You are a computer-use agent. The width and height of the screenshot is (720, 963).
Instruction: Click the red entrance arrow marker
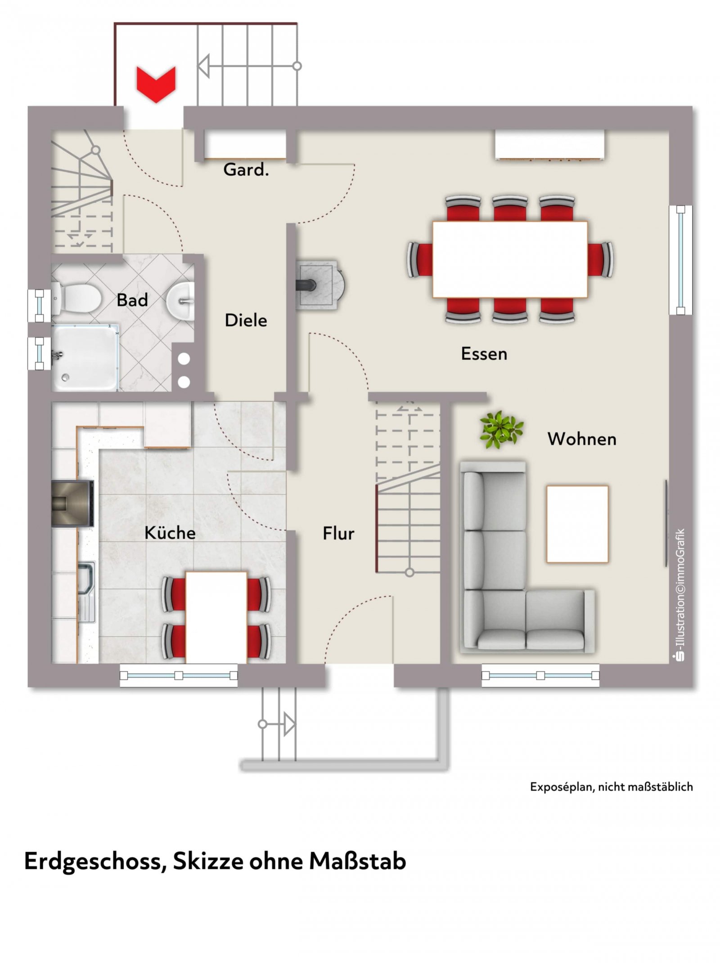156,84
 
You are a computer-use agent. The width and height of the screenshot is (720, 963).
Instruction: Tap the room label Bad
132,300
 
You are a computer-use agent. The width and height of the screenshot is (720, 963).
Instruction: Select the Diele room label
246,320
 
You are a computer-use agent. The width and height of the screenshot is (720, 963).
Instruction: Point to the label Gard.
246,169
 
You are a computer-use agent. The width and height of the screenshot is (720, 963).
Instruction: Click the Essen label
484,354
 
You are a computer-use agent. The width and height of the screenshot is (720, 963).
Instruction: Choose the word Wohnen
582,439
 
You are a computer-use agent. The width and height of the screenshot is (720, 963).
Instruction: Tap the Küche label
170,533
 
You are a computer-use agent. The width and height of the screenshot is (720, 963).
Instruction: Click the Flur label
338,533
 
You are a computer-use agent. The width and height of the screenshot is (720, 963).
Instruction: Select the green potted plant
501,430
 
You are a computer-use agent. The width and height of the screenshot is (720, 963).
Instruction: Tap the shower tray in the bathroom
85,357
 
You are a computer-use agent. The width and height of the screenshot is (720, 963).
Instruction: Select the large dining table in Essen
510,259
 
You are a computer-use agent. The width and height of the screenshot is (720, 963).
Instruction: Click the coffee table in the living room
577,524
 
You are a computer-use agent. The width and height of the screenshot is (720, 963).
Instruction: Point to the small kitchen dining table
216,617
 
